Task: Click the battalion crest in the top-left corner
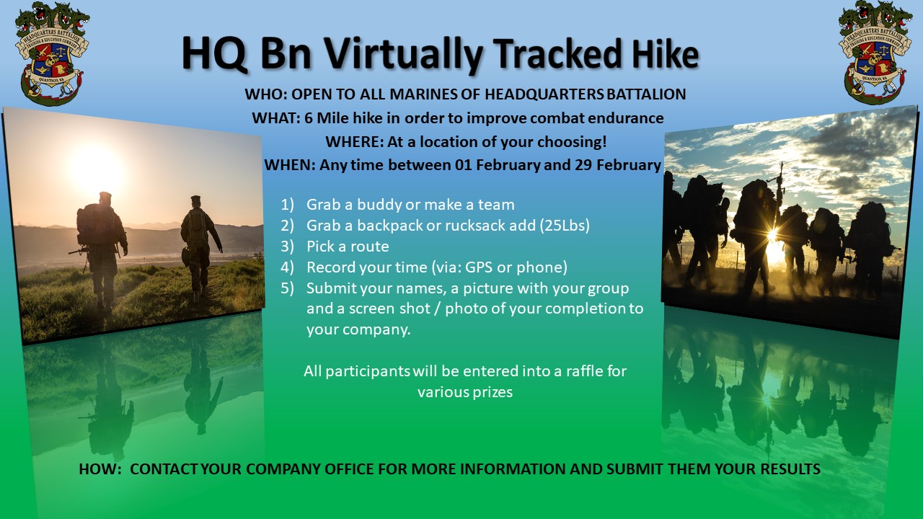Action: click(x=52, y=53)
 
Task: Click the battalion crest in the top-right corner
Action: click(x=875, y=53)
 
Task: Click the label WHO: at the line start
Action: click(x=266, y=94)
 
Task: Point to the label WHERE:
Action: click(x=354, y=142)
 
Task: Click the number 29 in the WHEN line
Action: click(x=583, y=165)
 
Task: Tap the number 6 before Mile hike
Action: click(x=309, y=118)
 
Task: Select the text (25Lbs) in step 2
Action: click(x=565, y=226)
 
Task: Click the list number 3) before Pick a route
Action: click(x=287, y=247)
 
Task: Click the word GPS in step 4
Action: click(x=479, y=267)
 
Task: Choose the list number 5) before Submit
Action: click(x=287, y=288)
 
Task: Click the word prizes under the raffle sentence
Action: click(x=493, y=392)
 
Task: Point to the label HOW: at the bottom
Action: click(x=100, y=469)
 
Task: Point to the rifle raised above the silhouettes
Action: click(x=780, y=185)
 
